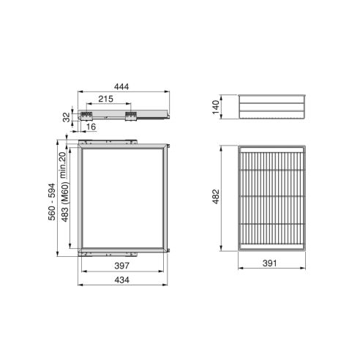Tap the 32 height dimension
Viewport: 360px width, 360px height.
(x=67, y=115)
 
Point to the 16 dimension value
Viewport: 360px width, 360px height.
(x=91, y=127)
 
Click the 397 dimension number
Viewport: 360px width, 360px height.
(x=124, y=267)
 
